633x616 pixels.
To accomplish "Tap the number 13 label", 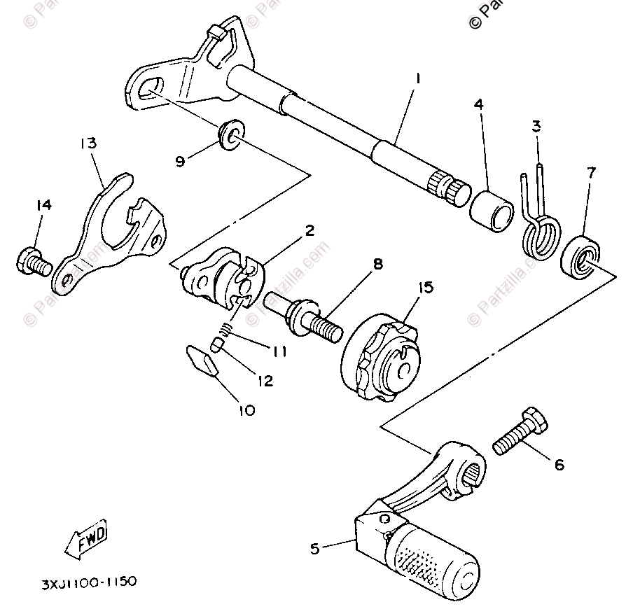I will click(88, 143).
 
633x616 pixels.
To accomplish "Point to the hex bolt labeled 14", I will click(31, 263).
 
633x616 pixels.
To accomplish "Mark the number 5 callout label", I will click(314, 549).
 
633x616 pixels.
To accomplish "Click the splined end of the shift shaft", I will click(452, 187).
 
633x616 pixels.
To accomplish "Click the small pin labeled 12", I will click(218, 344).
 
